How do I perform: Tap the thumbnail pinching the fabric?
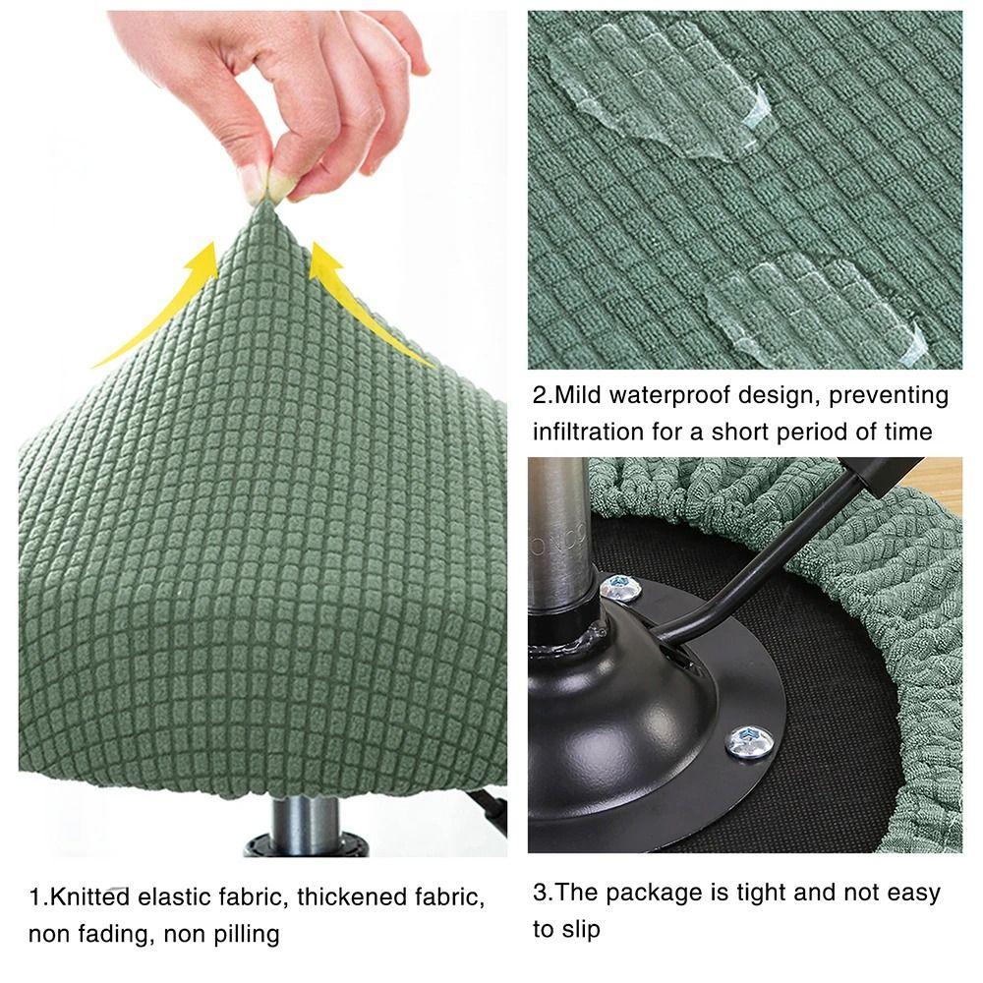pos(252,181)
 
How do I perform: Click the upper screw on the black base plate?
pos(620,589)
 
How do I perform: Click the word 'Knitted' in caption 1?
pos(89,896)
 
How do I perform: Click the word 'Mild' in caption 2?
pos(576,395)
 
